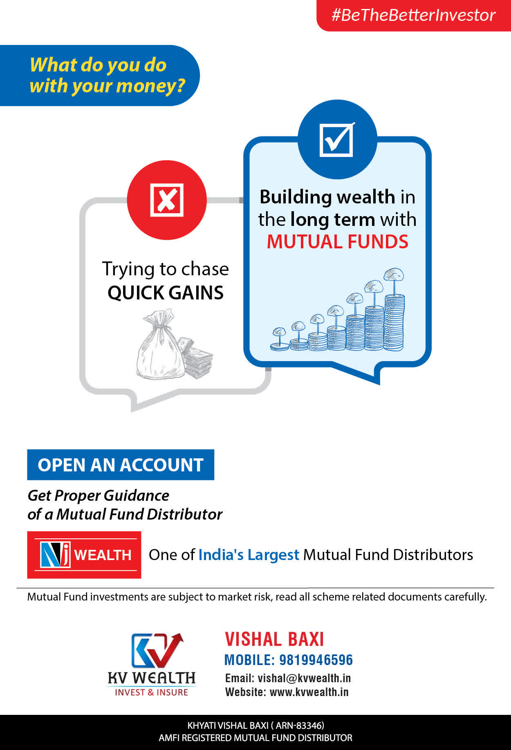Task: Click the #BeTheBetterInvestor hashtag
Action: (x=413, y=15)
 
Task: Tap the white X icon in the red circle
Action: (x=167, y=200)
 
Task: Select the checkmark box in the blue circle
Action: (x=337, y=139)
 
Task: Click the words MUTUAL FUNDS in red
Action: (x=337, y=241)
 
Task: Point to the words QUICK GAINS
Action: (x=166, y=292)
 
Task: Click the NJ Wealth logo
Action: (x=84, y=555)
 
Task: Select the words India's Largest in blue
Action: (x=249, y=555)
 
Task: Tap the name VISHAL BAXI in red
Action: (x=274, y=639)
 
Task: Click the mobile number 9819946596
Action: (x=316, y=660)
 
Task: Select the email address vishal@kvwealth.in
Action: (x=304, y=678)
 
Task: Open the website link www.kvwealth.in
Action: (x=309, y=692)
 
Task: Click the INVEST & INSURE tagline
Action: (x=151, y=692)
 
